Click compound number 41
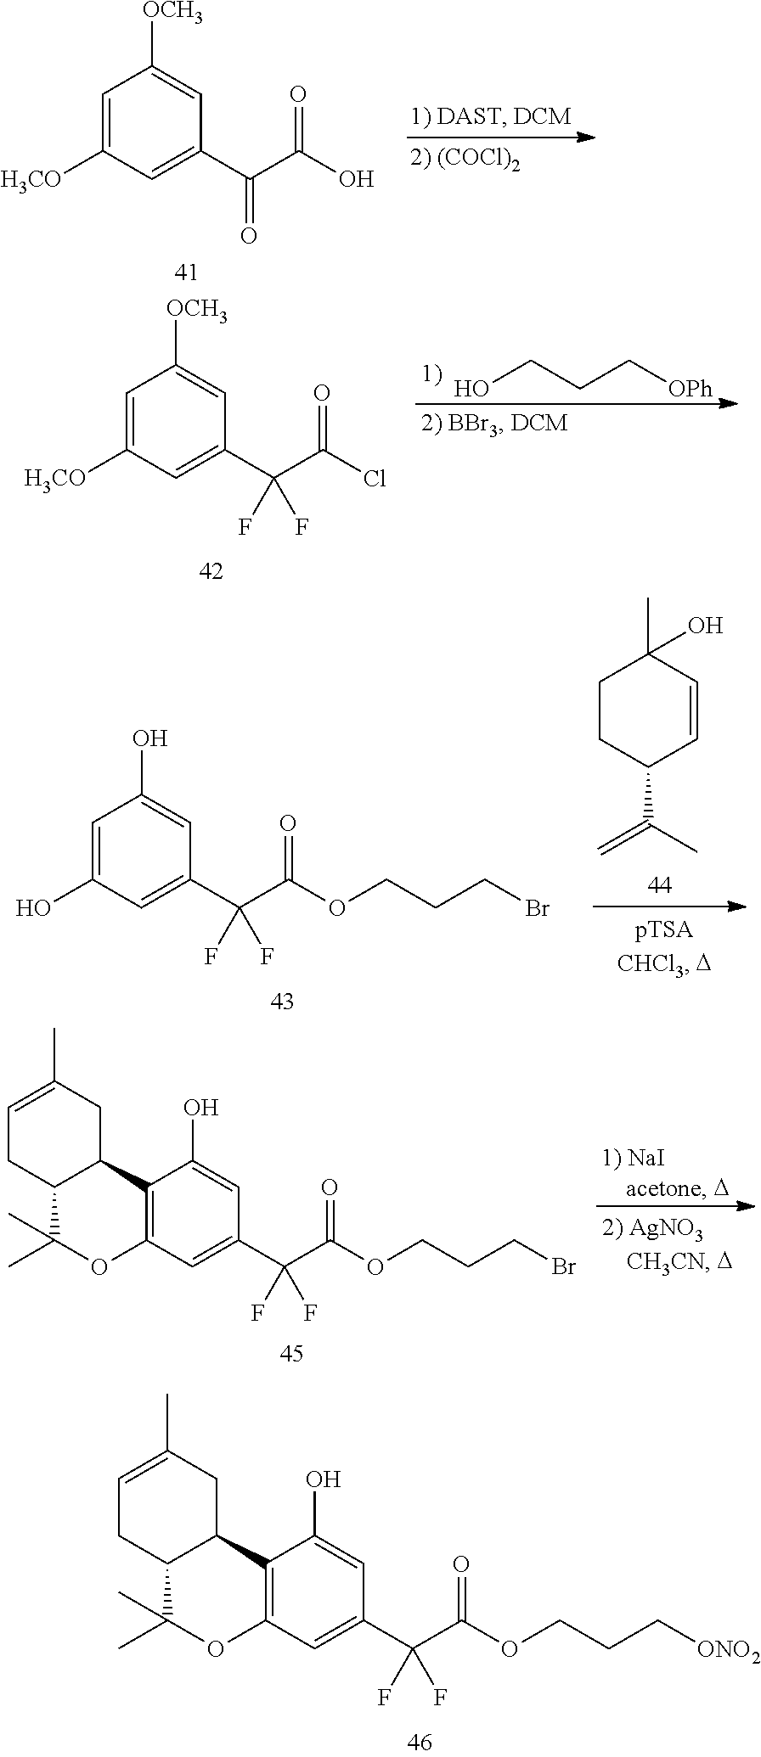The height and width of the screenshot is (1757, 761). coord(185,272)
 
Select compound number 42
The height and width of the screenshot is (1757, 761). coord(211,571)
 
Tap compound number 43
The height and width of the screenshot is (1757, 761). coord(282,1002)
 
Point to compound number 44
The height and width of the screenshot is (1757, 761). coord(659,885)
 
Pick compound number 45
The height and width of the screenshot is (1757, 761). coord(291,1353)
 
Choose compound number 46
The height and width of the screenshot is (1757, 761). coord(420,1740)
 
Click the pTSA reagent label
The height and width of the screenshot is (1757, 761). coord(664,930)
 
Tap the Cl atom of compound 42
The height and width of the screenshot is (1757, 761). coord(374,480)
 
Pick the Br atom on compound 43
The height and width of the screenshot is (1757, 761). coord(537,909)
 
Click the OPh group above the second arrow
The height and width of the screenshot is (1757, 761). coord(691,390)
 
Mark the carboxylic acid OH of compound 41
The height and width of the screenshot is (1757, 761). coord(355,179)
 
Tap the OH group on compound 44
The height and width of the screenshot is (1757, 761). coord(705,627)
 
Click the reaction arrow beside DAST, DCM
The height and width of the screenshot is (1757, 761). coord(500,138)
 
